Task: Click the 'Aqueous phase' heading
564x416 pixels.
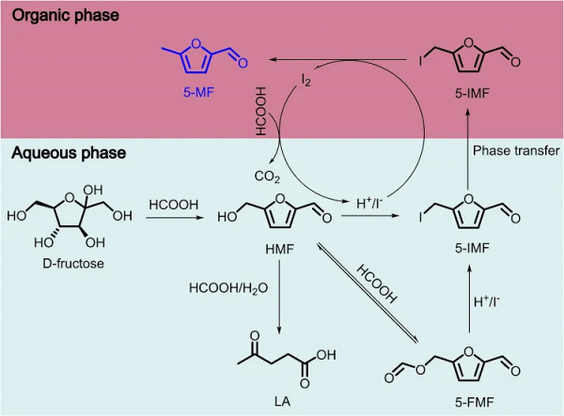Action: point(64,152)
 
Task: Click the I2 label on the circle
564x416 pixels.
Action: point(305,84)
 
